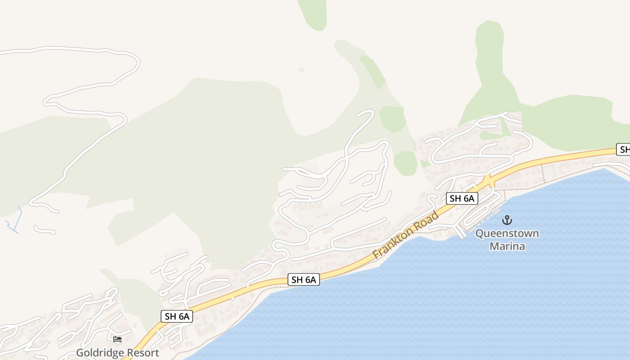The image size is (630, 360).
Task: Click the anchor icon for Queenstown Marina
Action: tap(507, 220)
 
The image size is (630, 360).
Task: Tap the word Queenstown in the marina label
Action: tap(507, 234)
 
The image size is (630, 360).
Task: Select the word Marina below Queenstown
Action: tap(507, 246)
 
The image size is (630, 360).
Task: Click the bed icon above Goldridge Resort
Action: tap(117, 339)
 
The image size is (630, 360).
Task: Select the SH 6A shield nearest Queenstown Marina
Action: tap(462, 198)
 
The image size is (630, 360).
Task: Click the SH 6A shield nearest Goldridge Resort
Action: tap(177, 316)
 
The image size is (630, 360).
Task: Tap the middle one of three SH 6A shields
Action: tap(304, 280)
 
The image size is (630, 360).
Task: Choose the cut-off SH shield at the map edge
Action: tap(624, 150)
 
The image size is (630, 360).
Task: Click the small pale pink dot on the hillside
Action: tap(301, 70)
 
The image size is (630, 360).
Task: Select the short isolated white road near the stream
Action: tap(45, 230)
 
